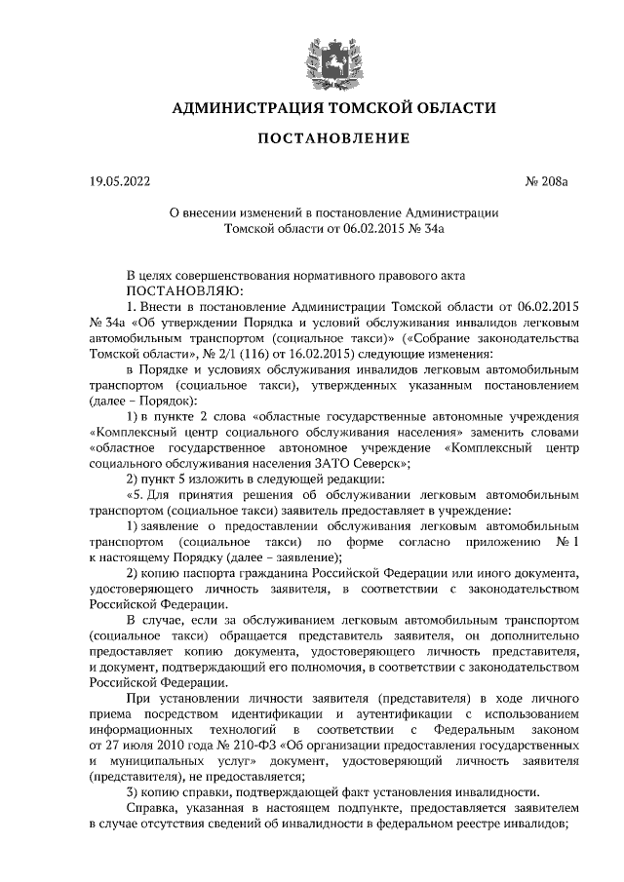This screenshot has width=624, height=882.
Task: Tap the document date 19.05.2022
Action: [x=120, y=182]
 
